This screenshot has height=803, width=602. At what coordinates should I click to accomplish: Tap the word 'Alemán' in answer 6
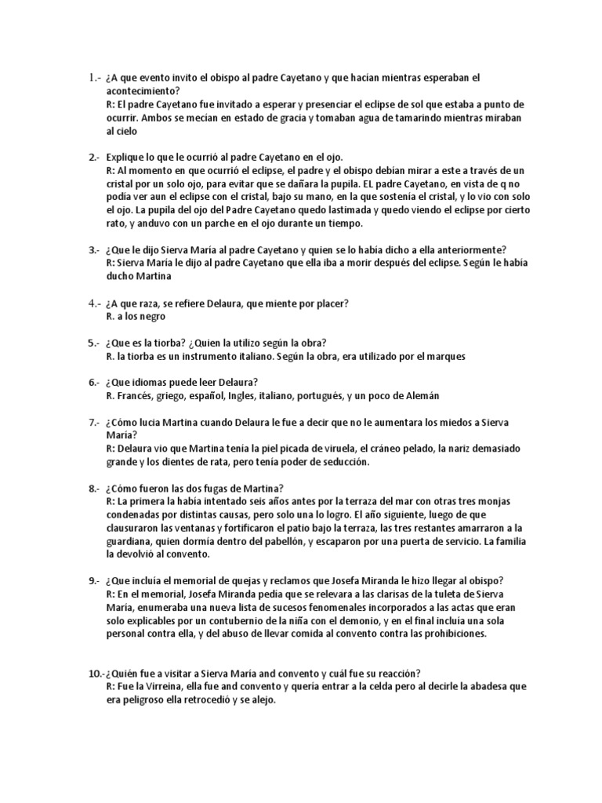(420, 396)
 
